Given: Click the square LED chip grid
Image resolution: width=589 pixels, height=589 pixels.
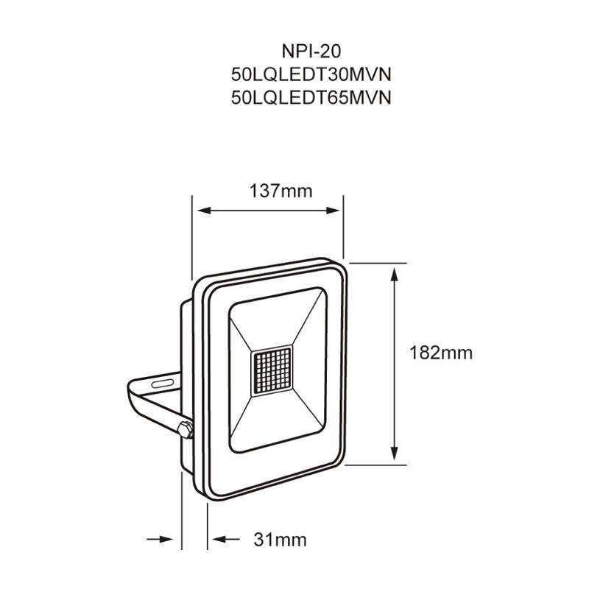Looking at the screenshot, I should click(x=272, y=371).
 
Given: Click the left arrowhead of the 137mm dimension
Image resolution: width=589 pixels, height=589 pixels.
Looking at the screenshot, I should click(x=200, y=211).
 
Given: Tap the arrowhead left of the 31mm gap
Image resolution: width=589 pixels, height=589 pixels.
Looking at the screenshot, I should click(x=174, y=540).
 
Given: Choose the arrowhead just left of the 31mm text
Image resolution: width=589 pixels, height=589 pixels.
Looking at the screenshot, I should click(x=214, y=540).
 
